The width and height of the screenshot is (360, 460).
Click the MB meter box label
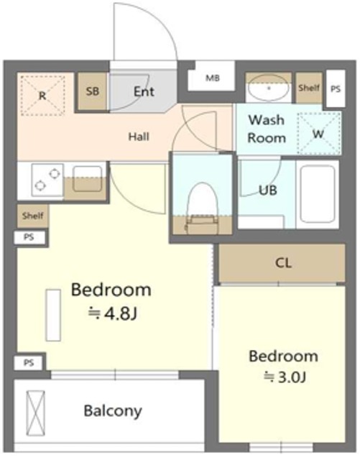[213, 78]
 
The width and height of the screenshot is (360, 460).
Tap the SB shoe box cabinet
[92, 91]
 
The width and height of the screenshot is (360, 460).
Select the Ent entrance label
[144, 91]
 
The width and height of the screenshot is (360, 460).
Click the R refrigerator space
[43, 96]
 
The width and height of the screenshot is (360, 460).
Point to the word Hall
[139, 137]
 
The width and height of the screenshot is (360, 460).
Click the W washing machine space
[318, 134]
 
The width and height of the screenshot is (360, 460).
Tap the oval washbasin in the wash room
[268, 88]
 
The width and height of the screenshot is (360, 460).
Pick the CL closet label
[283, 263]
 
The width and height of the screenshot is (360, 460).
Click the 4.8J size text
[112, 314]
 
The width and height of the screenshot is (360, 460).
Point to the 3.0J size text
[285, 377]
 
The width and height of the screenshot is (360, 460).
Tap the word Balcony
[113, 411]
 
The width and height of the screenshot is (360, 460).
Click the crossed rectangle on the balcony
[35, 413]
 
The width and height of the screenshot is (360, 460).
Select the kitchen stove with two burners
[47, 180]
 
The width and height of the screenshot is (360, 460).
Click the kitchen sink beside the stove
[87, 179]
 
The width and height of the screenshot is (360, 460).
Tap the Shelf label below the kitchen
[33, 216]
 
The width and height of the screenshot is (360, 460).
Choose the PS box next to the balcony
[29, 363]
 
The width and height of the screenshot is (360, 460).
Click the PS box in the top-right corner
[336, 88]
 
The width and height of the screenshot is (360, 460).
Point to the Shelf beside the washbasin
[309, 88]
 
